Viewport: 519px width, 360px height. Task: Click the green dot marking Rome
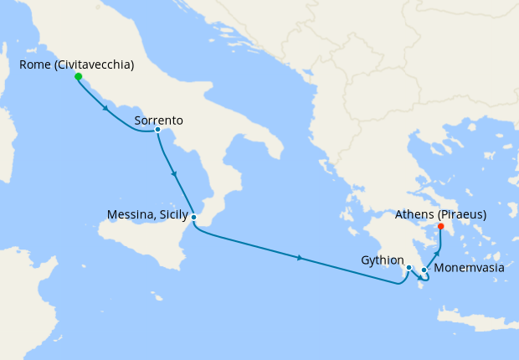point(78,76)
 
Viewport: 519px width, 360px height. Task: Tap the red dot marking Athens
point(441,226)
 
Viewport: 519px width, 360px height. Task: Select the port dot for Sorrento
point(157,129)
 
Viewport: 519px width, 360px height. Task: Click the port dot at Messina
point(193,217)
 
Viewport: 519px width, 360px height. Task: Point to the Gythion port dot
point(409,268)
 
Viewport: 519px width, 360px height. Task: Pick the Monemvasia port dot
point(424,270)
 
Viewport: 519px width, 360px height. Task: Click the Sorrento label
point(158,121)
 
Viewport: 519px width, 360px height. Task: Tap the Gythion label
point(382,260)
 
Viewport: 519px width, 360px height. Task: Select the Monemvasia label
point(469,270)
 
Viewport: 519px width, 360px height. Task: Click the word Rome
point(32,64)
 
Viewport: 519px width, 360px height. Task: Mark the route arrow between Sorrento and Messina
point(173,173)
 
